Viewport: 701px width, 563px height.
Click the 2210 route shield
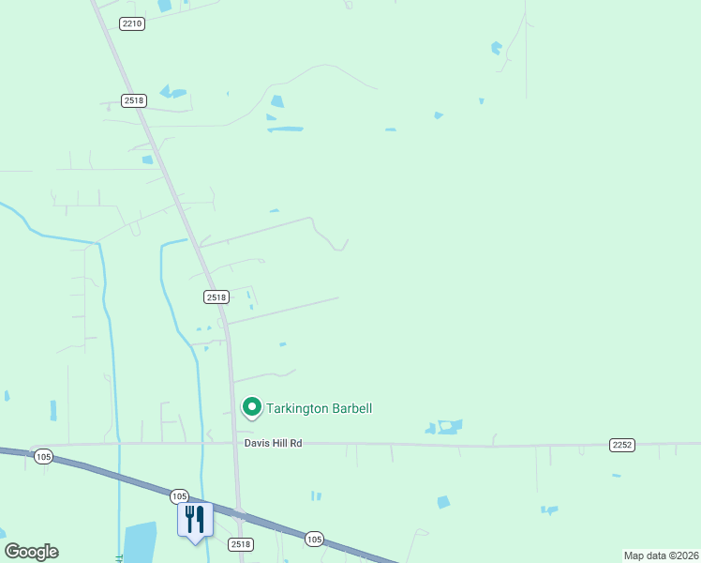click(x=133, y=23)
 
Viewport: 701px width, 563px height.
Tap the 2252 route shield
click(x=622, y=444)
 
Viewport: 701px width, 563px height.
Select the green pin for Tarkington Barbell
click(x=251, y=407)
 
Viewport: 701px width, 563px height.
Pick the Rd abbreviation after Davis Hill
click(x=296, y=443)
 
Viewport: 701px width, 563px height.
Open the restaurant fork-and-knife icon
click(x=195, y=519)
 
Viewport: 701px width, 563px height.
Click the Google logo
click(x=31, y=552)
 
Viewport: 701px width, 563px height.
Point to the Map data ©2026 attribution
click(x=660, y=555)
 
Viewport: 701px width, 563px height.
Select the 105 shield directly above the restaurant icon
click(x=180, y=495)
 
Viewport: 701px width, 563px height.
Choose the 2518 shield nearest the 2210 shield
click(x=134, y=100)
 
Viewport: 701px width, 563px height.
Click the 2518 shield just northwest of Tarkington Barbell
click(x=216, y=297)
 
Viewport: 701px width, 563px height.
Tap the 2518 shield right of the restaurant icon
click(x=241, y=544)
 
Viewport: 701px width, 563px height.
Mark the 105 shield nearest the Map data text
click(x=314, y=539)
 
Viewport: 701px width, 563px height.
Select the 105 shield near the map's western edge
click(x=42, y=457)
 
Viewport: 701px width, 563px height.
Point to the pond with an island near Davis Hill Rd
click(x=449, y=426)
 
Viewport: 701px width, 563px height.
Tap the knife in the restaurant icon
click(x=200, y=518)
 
